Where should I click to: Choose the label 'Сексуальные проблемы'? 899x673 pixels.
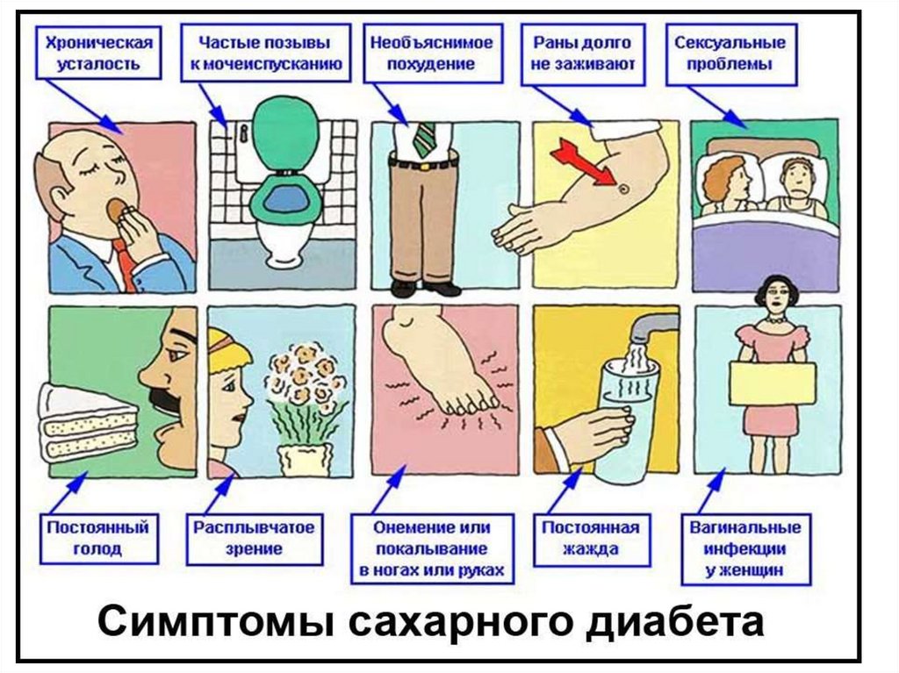[730, 53]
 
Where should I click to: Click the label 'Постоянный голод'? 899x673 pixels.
[97, 538]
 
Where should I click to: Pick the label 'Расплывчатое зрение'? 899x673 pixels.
[254, 538]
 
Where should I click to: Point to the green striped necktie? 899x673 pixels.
[425, 139]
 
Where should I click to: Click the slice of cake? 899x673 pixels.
[88, 423]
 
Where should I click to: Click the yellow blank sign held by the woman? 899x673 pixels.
[772, 383]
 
